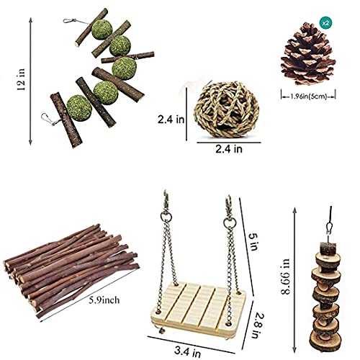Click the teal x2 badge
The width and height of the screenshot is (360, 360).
(325, 23)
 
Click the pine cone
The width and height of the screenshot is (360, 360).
(308, 54)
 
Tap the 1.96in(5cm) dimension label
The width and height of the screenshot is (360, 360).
(309, 96)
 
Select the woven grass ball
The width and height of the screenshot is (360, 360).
(226, 109)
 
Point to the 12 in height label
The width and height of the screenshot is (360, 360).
(21, 79)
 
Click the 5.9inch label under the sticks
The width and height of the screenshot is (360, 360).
(104, 300)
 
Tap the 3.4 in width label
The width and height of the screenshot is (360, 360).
(187, 352)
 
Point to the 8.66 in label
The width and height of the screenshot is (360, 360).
(286, 276)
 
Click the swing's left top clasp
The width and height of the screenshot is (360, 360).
(166, 202)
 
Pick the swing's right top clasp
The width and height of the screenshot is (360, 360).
(229, 207)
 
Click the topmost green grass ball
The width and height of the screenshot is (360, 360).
(102, 30)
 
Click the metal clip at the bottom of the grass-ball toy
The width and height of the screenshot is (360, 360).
(49, 120)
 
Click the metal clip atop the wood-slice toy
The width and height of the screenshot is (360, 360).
(330, 228)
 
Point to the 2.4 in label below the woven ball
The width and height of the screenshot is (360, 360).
(229, 149)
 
